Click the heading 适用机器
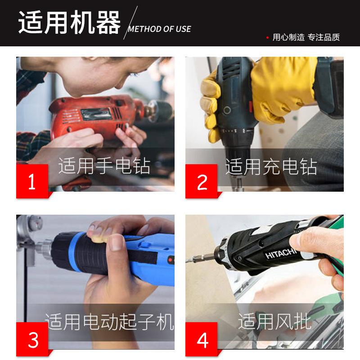(69, 22)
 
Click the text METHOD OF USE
(160, 29)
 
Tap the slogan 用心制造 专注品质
(306, 37)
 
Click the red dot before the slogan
(267, 37)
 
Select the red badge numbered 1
(32, 181)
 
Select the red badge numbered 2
(201, 181)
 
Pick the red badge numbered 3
(32, 339)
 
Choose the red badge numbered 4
(201, 339)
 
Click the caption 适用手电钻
(104, 166)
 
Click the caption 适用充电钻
(271, 166)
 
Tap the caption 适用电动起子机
(109, 322)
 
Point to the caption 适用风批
(274, 321)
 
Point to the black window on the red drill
(96, 114)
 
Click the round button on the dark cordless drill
(227, 110)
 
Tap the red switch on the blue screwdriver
(171, 260)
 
